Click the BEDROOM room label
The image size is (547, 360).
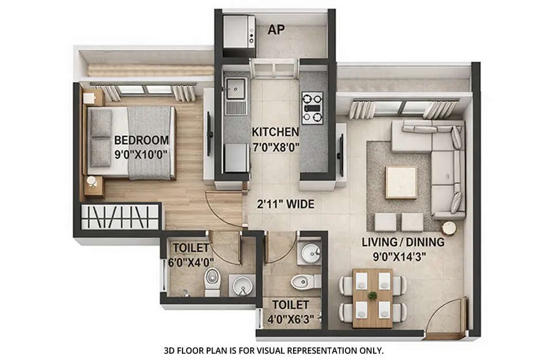(141, 140)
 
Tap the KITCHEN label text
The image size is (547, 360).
(275, 132)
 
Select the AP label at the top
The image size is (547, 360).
(276, 31)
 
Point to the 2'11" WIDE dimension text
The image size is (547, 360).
(286, 204)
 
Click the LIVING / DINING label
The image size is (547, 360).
(403, 242)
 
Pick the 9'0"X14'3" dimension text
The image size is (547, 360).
(403, 256)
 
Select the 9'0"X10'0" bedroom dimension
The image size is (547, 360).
(141, 154)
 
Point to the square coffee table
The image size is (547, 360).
(401, 182)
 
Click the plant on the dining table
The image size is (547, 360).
(373, 295)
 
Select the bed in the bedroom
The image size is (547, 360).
(131, 142)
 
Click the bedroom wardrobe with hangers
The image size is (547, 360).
(120, 218)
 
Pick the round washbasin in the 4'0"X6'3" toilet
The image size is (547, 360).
(309, 253)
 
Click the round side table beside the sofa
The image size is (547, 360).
(449, 228)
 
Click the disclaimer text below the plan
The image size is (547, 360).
(274, 350)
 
